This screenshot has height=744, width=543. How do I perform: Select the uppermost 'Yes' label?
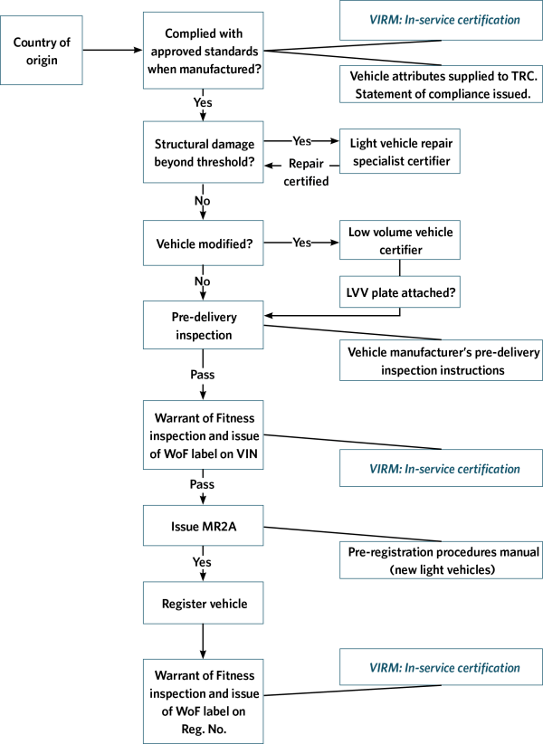coord(202,103)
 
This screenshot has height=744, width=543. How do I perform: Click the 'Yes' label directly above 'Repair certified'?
coord(301,141)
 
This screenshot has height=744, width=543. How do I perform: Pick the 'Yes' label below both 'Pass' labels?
coord(202,563)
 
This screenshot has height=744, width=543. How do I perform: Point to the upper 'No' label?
coord(202,200)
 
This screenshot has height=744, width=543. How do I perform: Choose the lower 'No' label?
coord(202,281)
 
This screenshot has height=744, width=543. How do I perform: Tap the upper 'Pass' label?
coord(202,375)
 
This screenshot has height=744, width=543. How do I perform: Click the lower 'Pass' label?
coord(202,485)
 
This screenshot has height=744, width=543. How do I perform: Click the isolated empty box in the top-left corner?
coord(42,50)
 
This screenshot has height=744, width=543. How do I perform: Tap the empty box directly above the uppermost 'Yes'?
coord(203,50)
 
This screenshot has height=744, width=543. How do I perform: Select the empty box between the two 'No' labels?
coord(203,243)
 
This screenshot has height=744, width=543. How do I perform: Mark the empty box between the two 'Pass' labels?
coord(203,434)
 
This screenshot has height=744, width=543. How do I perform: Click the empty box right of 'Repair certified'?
coord(399,151)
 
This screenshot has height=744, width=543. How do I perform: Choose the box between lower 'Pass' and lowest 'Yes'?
coord(203,525)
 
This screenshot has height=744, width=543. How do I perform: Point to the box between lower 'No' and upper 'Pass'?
coord(203,325)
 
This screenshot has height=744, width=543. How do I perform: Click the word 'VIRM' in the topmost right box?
coord(383,20)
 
